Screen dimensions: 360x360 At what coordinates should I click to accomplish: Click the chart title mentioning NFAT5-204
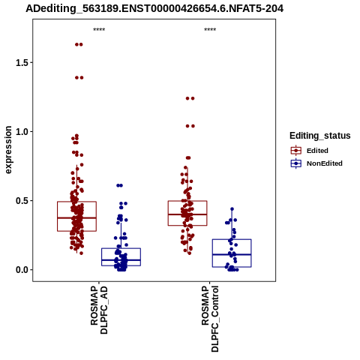tap(154, 9)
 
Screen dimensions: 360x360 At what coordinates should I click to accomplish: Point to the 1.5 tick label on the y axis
tap(21, 63)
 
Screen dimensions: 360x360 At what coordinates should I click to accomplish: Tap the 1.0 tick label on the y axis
tap(21, 132)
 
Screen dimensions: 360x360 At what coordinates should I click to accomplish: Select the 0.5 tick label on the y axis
tap(21, 201)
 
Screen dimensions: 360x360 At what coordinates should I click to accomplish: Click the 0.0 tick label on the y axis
tap(21, 270)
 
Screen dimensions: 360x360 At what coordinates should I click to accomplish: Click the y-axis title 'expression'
tap(8, 150)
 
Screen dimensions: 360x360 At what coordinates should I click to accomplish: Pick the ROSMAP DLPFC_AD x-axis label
tap(99, 310)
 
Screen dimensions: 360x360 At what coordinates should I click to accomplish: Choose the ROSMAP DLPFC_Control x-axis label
tap(210, 319)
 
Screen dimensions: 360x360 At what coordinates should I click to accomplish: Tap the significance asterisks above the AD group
tap(99, 30)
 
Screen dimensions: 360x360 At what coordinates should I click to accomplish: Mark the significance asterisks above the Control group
tap(210, 30)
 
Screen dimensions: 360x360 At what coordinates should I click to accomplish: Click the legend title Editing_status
tap(320, 136)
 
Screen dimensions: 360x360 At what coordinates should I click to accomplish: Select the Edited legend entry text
tap(317, 151)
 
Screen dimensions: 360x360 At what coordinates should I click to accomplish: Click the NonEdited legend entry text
tap(325, 163)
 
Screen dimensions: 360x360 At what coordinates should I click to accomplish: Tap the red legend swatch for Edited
tap(296, 151)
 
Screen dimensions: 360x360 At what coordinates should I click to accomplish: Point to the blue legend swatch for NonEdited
tap(296, 163)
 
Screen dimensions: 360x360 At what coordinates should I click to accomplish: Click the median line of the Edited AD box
tap(76, 217)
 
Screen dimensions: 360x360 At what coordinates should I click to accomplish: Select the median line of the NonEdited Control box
tap(232, 254)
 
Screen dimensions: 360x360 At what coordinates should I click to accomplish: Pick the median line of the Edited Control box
tap(187, 214)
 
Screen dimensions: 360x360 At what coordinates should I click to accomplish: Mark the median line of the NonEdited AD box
tap(121, 260)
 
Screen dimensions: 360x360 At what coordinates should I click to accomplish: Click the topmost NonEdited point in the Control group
tap(232, 209)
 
